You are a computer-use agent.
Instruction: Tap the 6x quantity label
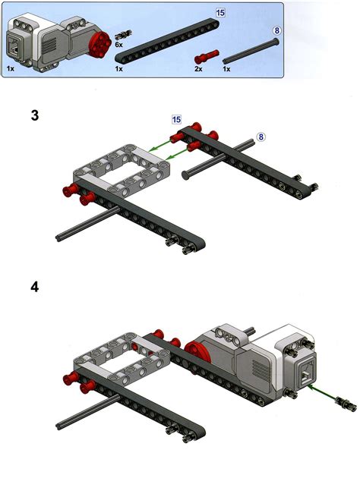point(119,45)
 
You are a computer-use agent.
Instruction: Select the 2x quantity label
point(199,68)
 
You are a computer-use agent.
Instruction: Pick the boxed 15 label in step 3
point(176,120)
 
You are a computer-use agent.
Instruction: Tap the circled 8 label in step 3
point(261,137)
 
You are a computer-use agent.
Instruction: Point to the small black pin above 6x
point(124,34)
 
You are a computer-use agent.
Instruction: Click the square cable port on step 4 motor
point(307,372)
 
